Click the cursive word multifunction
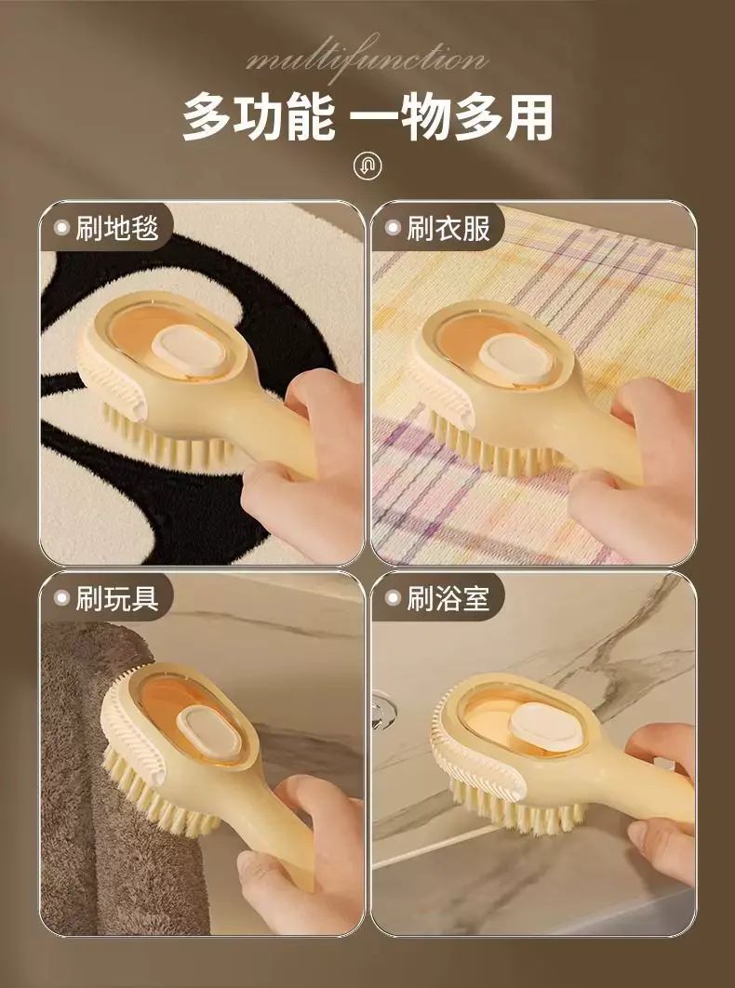pyautogui.click(x=367, y=60)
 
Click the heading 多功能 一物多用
pyautogui.click(x=368, y=117)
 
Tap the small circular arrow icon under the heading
pyautogui.click(x=368, y=167)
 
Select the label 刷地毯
pyautogui.click(x=116, y=228)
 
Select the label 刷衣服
pyautogui.click(x=448, y=228)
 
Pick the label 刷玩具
pyautogui.click(x=116, y=598)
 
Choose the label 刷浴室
pyautogui.click(x=448, y=598)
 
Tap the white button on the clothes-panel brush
pyautogui.click(x=516, y=358)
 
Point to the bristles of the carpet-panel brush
pyautogui.click(x=169, y=441)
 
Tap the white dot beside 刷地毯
pyautogui.click(x=61, y=228)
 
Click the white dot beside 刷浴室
pyautogui.click(x=393, y=598)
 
